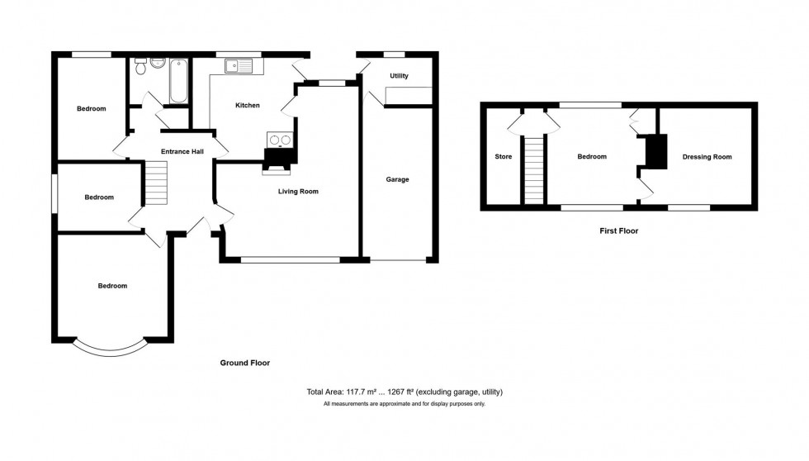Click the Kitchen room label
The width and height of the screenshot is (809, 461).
tap(248, 106)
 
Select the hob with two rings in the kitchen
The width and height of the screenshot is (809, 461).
tap(280, 140)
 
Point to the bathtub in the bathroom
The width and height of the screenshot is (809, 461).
tap(179, 81)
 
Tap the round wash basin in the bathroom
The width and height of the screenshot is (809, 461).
tap(158, 64)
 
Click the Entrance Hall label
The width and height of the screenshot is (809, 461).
tap(182, 151)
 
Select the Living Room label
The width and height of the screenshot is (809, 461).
tap(297, 192)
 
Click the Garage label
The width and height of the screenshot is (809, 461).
tap(397, 179)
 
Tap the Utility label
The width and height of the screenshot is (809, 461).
tap(400, 76)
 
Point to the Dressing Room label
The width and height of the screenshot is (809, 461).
tap(707, 157)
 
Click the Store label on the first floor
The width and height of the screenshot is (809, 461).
tap(503, 157)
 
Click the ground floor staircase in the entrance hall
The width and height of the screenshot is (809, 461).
tap(157, 183)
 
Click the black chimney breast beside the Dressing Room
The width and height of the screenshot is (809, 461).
tap(656, 151)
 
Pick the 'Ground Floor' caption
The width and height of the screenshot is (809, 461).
tap(244, 363)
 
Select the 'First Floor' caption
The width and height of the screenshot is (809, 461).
tap(618, 231)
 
